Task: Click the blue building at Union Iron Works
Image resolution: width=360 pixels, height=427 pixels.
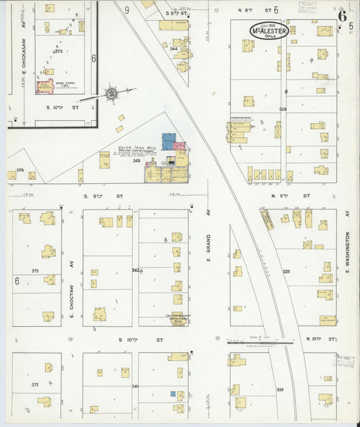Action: point(168,141)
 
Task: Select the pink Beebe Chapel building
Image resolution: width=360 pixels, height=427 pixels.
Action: point(47,86)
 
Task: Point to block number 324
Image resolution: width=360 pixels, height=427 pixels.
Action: point(282,109)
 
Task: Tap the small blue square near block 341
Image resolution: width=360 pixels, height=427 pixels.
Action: point(173,393)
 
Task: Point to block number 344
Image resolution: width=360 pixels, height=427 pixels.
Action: point(174,49)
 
